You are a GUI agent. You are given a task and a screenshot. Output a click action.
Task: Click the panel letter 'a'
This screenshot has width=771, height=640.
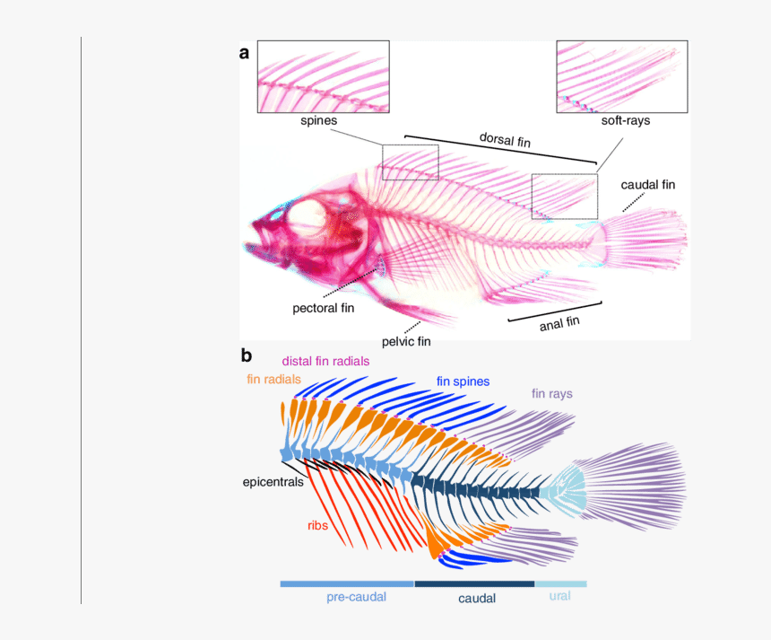click(244, 53)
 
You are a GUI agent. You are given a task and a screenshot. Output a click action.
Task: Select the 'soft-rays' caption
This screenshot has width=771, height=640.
click(625, 120)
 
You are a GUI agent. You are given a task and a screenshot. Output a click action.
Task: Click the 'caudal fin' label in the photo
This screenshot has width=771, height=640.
click(648, 185)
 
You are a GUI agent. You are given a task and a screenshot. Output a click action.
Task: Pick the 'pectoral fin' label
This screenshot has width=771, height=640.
click(324, 308)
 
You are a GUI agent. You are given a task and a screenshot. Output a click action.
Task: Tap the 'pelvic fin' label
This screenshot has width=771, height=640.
click(406, 341)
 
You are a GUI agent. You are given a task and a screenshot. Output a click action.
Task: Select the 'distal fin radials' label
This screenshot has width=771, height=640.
click(325, 361)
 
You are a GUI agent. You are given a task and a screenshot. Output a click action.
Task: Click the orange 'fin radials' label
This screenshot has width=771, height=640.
click(273, 380)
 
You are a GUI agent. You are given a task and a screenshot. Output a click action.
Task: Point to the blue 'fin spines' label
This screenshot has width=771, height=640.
click(463, 381)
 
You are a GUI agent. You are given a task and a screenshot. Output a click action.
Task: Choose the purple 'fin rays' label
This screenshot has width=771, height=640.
click(551, 393)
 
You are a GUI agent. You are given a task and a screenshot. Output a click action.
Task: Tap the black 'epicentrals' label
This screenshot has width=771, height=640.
click(273, 482)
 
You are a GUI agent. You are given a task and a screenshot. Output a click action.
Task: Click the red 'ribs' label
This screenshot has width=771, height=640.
click(317, 525)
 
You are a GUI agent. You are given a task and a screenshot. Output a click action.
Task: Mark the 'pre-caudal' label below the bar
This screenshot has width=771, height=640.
click(356, 597)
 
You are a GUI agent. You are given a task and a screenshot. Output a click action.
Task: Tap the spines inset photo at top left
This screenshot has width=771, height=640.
click(323, 76)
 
